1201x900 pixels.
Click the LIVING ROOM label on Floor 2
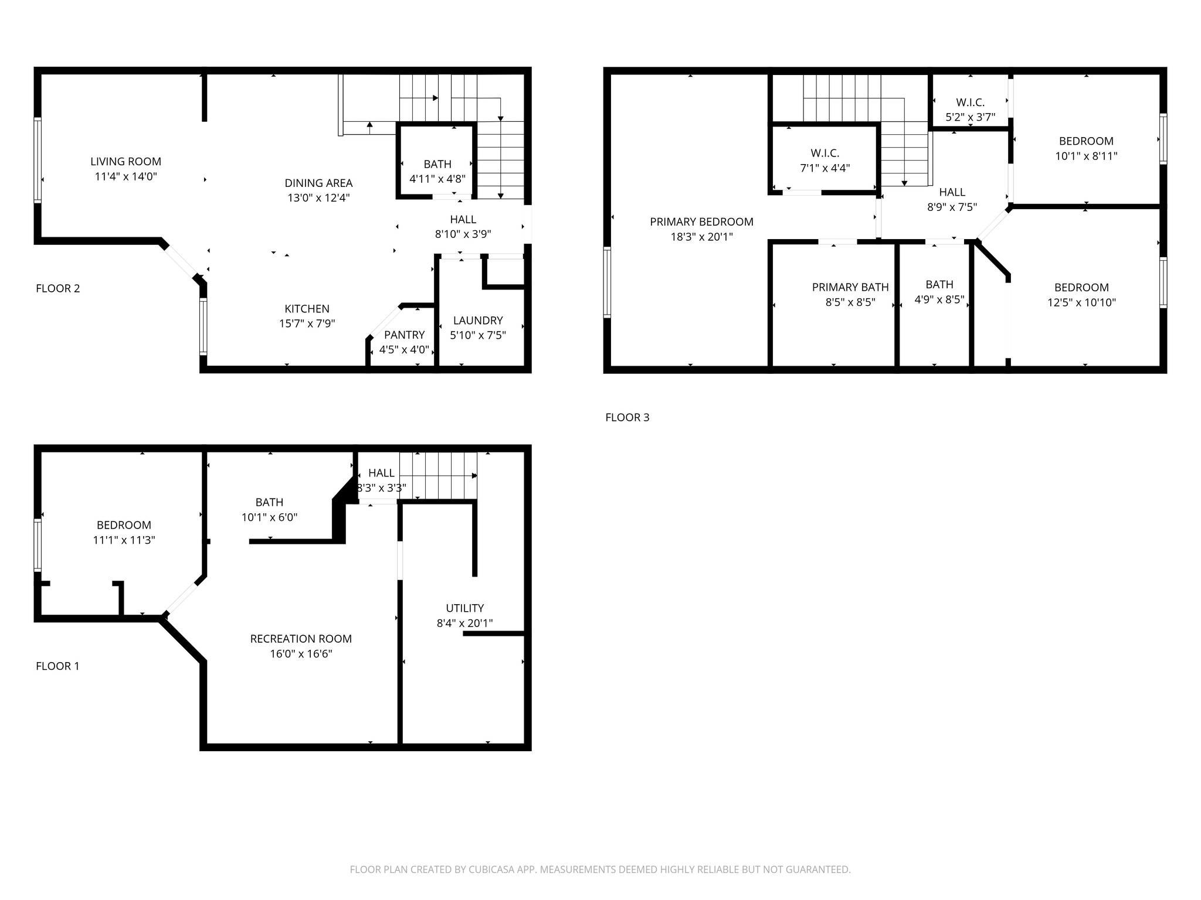[x=125, y=161]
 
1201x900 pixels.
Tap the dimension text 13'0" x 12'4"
[x=318, y=198]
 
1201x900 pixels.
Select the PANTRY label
[x=404, y=335]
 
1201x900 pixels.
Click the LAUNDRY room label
[x=477, y=321]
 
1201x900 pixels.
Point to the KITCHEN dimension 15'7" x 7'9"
[x=307, y=323]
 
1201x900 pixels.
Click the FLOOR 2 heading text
[x=57, y=288]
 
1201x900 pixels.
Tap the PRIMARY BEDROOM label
[x=701, y=221]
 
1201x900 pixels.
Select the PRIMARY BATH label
[x=850, y=287]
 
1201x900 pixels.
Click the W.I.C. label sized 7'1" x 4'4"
[x=825, y=153]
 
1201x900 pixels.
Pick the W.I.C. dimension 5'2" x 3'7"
[x=970, y=117]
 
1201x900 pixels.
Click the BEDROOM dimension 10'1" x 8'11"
[x=1086, y=156]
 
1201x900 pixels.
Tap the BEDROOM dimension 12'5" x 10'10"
[x=1081, y=302]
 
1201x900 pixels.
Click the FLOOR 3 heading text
[x=627, y=417]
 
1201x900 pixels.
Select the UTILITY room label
[x=464, y=608]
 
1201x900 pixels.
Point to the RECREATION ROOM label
[x=301, y=639]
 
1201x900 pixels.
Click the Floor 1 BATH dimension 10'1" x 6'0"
[x=269, y=517]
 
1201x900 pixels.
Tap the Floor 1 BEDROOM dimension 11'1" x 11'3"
[x=124, y=540]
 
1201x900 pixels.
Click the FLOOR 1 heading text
[x=57, y=666]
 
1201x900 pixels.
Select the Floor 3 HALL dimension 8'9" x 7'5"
[x=952, y=207]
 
